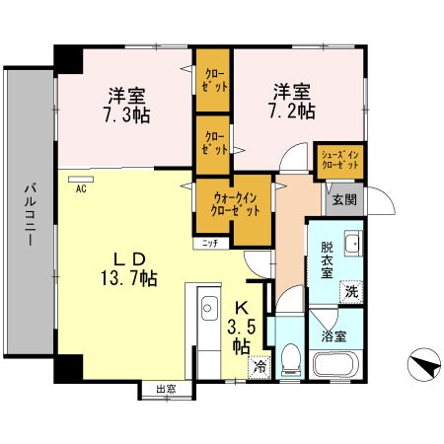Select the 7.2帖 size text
(294, 111)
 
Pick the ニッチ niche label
(210, 242)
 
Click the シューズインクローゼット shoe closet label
(338, 161)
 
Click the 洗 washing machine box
(351, 291)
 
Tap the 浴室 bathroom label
(333, 336)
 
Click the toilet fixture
(290, 362)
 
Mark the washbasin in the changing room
(354, 246)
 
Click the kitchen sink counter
(208, 331)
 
